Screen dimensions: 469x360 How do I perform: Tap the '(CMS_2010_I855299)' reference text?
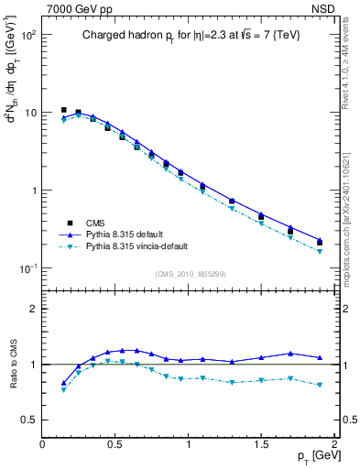coord(190,275)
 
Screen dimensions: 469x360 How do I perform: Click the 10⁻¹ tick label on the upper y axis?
coord(27,268)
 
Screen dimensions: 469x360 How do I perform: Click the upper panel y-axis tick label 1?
coord(32,191)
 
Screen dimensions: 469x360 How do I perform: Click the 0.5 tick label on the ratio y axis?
coord(28,420)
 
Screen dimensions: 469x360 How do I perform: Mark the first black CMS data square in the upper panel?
coord(63,110)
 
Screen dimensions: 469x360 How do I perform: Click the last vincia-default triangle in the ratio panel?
coord(320,385)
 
